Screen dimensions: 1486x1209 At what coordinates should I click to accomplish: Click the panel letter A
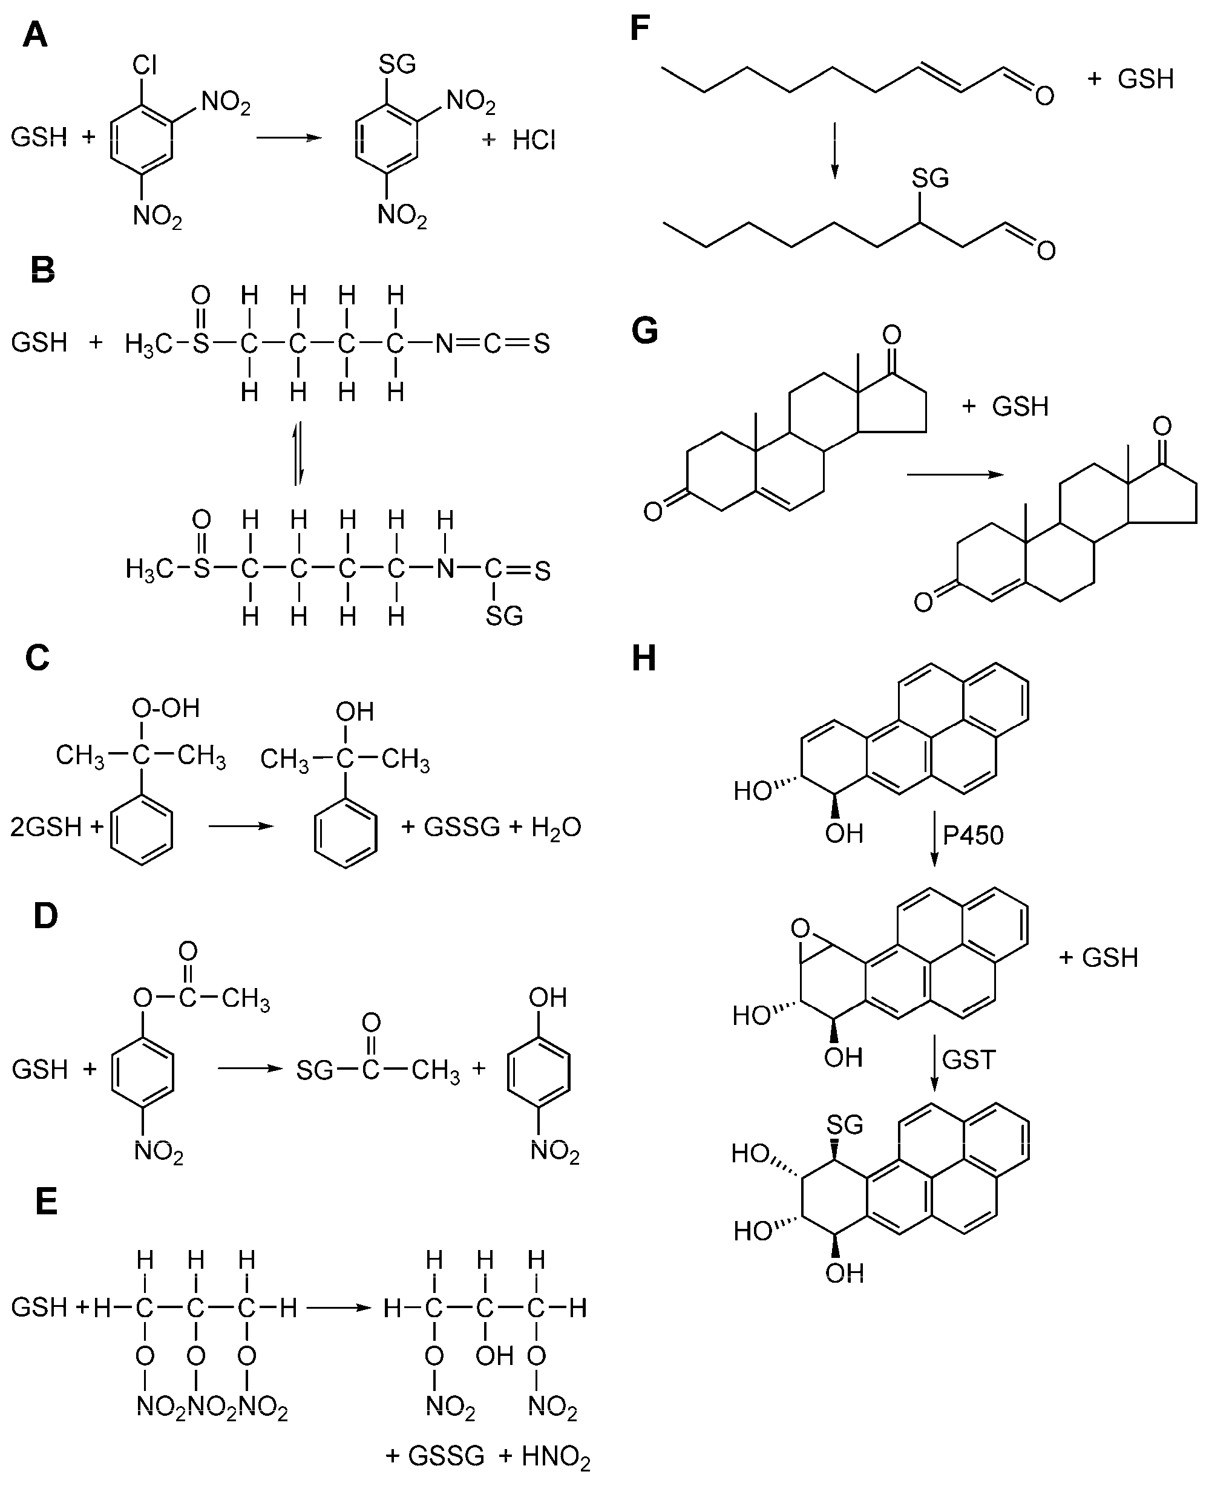tap(35, 35)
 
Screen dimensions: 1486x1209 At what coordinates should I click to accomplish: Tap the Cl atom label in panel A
tap(144, 65)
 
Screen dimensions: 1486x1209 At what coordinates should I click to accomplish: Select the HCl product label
tap(534, 140)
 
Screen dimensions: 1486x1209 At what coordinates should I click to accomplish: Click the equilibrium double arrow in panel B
tap(298, 453)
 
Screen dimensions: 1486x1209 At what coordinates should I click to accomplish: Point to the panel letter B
tap(43, 270)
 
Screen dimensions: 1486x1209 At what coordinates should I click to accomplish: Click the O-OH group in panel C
tap(166, 708)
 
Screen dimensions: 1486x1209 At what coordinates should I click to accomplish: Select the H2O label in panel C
tap(555, 827)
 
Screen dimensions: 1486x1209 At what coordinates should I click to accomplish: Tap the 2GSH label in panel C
tap(46, 827)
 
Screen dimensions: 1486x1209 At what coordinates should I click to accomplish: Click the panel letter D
tap(46, 917)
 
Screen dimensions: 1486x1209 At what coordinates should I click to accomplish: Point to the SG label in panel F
tap(929, 179)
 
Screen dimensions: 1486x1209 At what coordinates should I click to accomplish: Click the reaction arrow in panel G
tap(955, 475)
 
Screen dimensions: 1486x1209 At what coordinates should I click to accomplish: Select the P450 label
tap(973, 835)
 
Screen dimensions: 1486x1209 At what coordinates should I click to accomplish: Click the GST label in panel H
tap(969, 1060)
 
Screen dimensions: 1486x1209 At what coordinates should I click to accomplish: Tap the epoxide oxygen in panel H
tap(801, 928)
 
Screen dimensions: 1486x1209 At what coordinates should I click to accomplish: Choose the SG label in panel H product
tap(845, 1125)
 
